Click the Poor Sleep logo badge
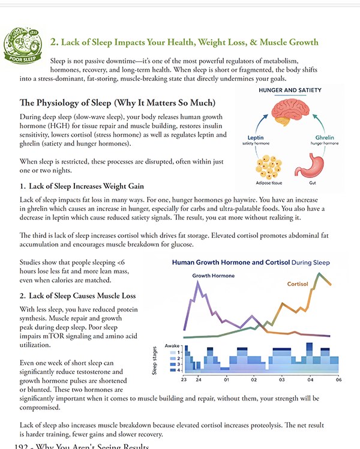tap(22, 46)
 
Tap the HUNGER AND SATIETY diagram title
tap(290, 90)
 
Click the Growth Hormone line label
tap(214, 276)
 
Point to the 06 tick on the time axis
tap(339, 379)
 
